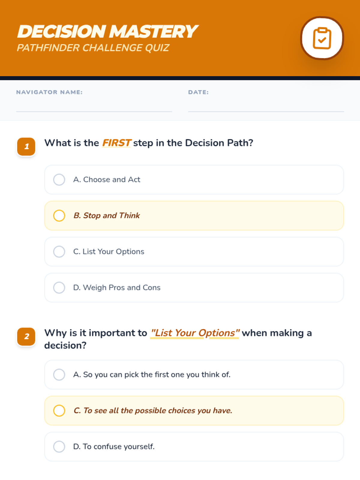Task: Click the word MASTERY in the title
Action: (x=153, y=31)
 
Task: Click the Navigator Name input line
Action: (x=94, y=112)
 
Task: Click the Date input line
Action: (x=266, y=112)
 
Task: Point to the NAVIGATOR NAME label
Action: (x=49, y=92)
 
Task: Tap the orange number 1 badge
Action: (x=26, y=146)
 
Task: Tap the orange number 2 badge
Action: (x=26, y=337)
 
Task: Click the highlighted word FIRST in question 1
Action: (x=116, y=143)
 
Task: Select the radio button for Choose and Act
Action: (x=59, y=179)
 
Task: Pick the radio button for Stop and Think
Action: (x=59, y=216)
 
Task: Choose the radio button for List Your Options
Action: (x=59, y=251)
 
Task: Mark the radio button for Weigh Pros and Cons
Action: (x=59, y=288)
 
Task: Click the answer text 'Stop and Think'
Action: (x=112, y=216)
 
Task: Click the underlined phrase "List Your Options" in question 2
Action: (x=195, y=333)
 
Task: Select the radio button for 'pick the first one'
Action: (x=59, y=375)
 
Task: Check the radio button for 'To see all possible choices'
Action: (x=59, y=410)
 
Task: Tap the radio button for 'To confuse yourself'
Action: (x=59, y=446)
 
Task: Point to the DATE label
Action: (x=199, y=92)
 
